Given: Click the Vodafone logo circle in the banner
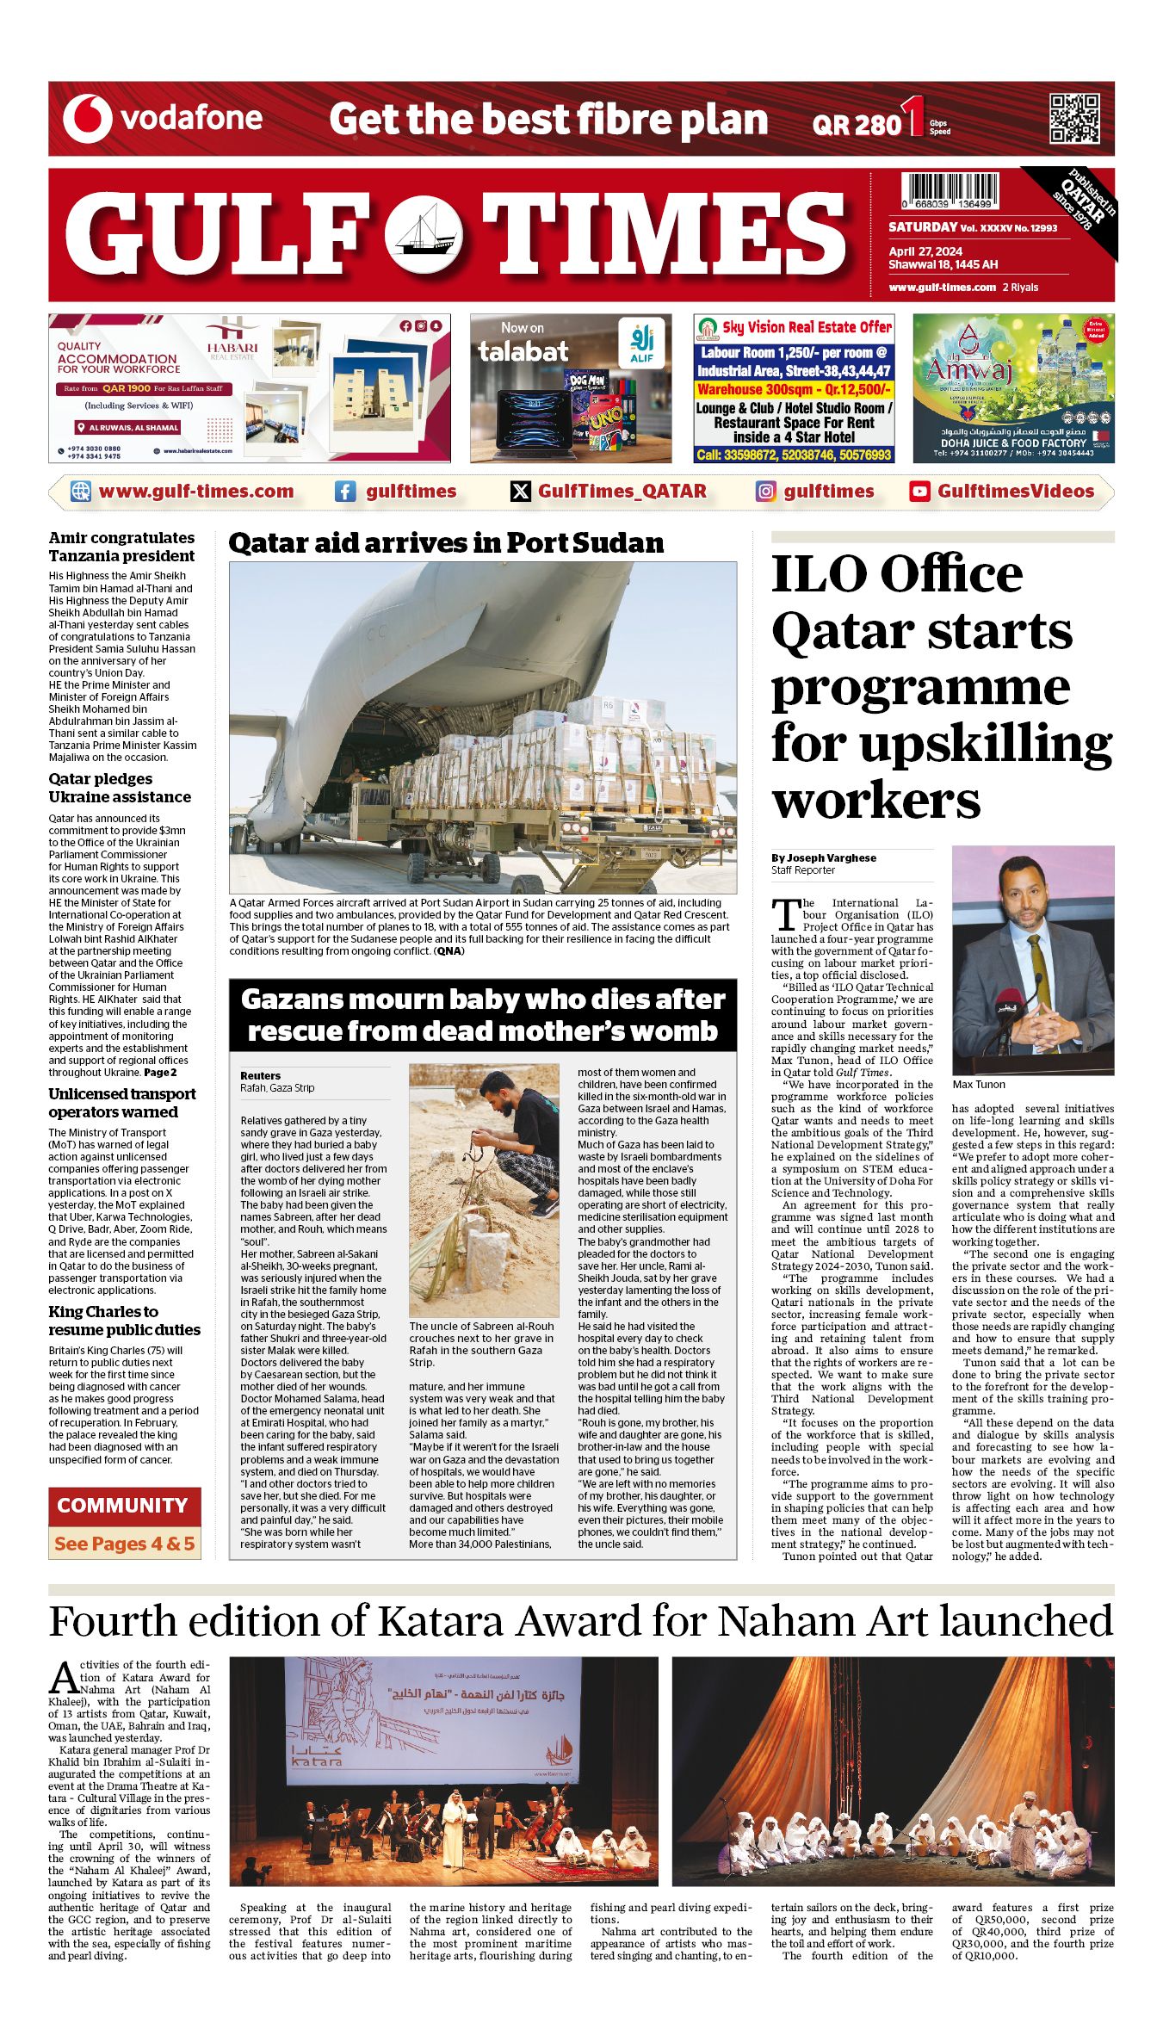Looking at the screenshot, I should tap(88, 119).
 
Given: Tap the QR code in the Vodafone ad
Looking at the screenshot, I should tap(1073, 119).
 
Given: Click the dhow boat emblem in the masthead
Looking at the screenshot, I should tap(424, 234).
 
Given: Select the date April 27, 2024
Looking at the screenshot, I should tap(925, 251).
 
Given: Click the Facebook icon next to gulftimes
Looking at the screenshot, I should tap(345, 492).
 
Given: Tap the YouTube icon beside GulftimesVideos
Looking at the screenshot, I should tap(919, 492).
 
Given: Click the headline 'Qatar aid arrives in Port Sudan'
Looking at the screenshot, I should tap(446, 543).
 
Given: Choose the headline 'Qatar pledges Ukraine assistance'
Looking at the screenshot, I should tap(120, 788).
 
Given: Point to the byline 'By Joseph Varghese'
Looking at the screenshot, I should tap(824, 857).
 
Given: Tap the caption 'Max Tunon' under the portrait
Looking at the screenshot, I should tap(979, 1085).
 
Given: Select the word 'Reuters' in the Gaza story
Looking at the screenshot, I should tap(260, 1075).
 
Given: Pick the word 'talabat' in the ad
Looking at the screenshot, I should tap(523, 351).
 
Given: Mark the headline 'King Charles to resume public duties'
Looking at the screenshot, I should tap(124, 1321).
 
